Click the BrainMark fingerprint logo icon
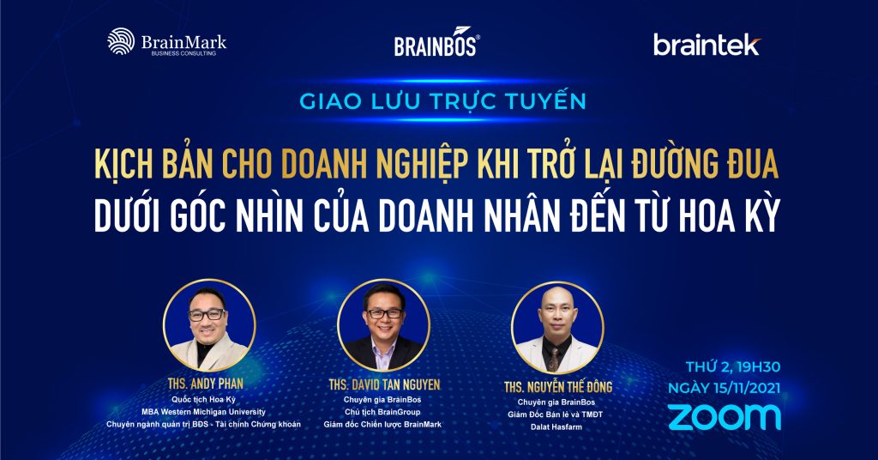(121, 41)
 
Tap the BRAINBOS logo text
(436, 43)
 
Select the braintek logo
(707, 45)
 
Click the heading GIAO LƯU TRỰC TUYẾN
(443, 101)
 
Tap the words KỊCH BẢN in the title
(153, 165)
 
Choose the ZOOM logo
(724, 417)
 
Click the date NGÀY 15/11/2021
(724, 388)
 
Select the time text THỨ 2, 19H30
(733, 367)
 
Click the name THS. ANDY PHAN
(206, 384)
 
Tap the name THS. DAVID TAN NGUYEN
(384, 385)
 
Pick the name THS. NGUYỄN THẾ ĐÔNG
(558, 386)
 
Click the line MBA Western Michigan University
(203, 412)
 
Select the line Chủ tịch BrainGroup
(382, 412)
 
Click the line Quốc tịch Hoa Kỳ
(203, 399)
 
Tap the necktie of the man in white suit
(554, 359)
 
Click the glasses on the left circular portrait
(207, 315)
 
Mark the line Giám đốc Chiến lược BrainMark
(382, 425)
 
